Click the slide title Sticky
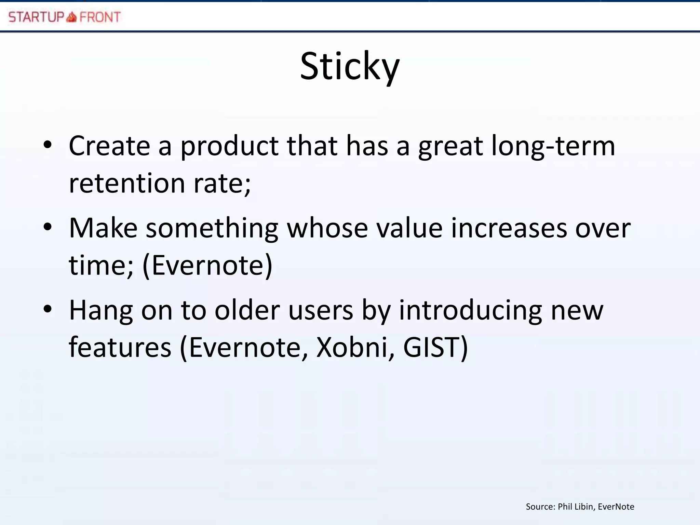350,67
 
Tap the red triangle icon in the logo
71,17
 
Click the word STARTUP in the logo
36,17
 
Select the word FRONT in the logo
100,17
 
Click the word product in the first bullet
229,146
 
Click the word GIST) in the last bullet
435,347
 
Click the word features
120,347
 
